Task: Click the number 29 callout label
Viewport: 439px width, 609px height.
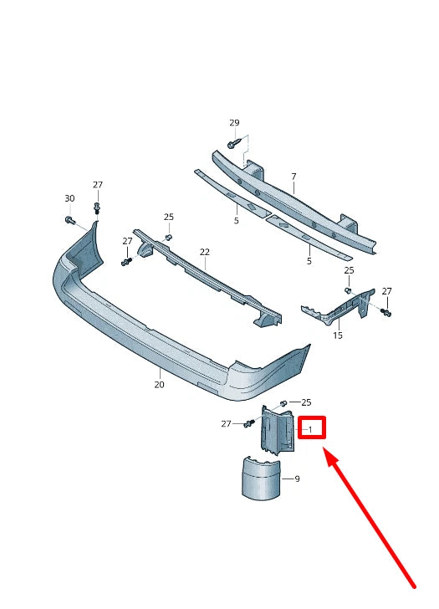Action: click(x=234, y=123)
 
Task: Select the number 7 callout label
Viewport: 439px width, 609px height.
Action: click(x=294, y=177)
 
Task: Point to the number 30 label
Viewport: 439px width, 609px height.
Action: click(x=69, y=198)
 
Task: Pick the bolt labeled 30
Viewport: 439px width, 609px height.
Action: click(x=69, y=220)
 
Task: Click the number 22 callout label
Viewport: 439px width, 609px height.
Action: click(x=204, y=252)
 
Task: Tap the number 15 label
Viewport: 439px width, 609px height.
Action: click(x=338, y=335)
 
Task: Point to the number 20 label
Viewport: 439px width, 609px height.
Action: click(x=159, y=385)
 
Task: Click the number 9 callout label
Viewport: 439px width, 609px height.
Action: click(x=297, y=479)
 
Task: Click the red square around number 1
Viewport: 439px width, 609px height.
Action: click(x=310, y=429)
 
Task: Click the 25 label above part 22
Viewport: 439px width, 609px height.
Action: click(x=169, y=217)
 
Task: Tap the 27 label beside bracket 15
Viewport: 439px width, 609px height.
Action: click(x=386, y=291)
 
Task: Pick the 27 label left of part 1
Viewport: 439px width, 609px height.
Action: click(x=226, y=424)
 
